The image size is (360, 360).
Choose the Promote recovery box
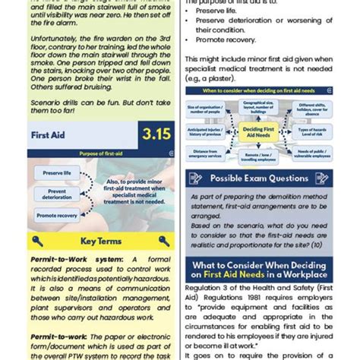tap(55, 215)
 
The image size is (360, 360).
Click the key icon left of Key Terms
tap(38, 242)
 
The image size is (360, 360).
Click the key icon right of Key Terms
tap(166, 242)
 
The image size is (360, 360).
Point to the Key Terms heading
tap(101, 242)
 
